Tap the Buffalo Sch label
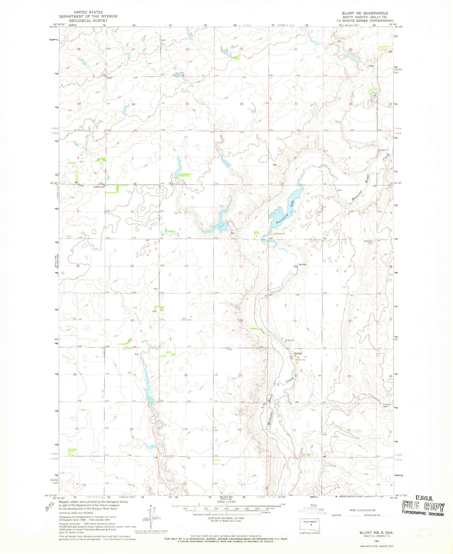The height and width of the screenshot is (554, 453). coord(99,187)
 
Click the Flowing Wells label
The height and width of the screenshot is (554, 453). coord(387,405)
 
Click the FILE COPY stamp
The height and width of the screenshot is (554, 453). coord(423,508)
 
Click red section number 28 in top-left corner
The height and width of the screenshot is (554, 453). coord(79,49)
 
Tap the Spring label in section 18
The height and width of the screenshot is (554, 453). coord(302,264)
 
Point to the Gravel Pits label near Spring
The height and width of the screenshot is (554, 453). coord(300,360)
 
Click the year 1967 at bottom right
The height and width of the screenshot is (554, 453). coord(376,541)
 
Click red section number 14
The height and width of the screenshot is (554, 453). coord(186,266)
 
